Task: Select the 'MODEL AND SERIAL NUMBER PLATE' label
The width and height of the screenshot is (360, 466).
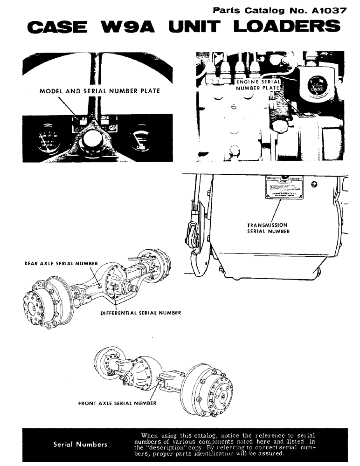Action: (x=100, y=90)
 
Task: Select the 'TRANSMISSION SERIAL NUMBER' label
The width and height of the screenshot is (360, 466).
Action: (x=268, y=228)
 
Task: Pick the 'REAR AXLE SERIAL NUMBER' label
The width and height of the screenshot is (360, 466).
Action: (x=61, y=263)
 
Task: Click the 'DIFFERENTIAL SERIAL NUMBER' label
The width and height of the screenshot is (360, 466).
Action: (x=140, y=313)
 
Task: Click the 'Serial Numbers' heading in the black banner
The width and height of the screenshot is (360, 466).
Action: (x=80, y=444)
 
